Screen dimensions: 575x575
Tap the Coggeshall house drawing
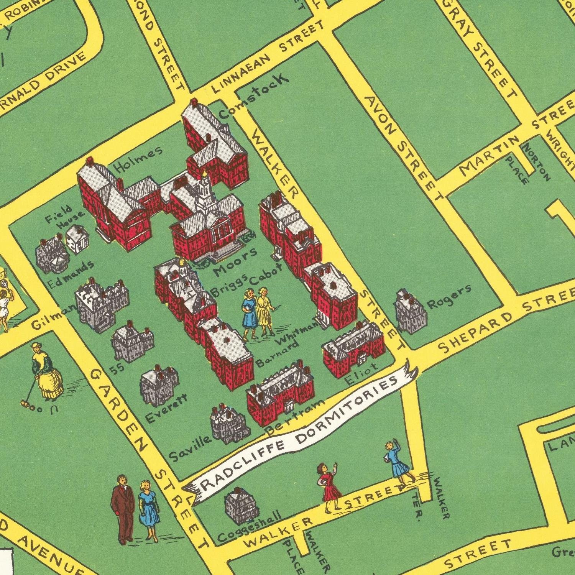[x=240, y=506]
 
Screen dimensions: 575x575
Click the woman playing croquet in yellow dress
[x=46, y=372]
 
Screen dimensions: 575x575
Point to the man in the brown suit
[x=122, y=508]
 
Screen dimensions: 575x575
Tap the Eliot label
[x=361, y=374]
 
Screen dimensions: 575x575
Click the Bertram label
[x=294, y=417]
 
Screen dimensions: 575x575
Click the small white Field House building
[x=78, y=239]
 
